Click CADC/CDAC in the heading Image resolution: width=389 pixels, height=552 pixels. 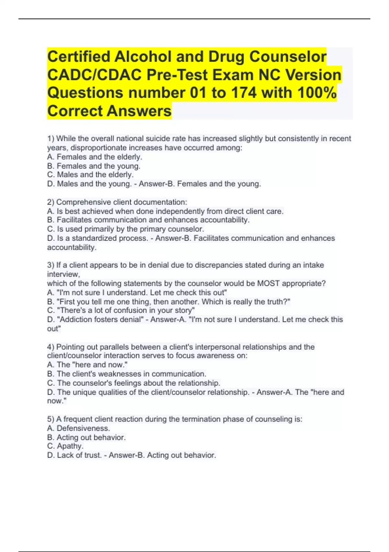[x=94, y=75]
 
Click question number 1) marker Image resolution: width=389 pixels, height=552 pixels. [x=51, y=139]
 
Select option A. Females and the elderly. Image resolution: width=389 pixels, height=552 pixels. [x=95, y=157]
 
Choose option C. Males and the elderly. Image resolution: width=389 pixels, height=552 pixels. [x=90, y=175]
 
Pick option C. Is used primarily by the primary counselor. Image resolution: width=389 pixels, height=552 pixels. [x=125, y=229]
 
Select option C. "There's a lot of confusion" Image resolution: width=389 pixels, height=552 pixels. [x=121, y=310]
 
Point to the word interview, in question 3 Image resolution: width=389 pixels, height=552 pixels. [x=64, y=274]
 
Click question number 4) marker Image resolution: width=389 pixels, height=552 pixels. [x=51, y=347]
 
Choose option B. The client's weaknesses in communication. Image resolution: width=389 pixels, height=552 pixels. [x=127, y=374]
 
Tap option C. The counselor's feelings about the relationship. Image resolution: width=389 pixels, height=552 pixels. [x=134, y=383]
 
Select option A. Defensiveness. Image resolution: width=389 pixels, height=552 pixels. [x=79, y=428]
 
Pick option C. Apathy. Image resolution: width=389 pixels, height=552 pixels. [x=65, y=446]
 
